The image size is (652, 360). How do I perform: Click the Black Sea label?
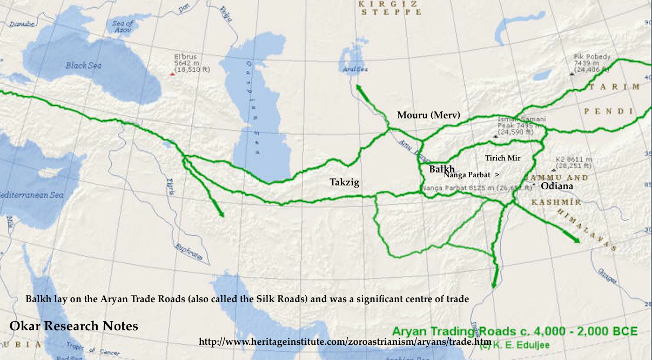84,65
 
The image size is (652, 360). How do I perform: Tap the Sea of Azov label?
123,27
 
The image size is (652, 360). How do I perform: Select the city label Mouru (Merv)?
428,115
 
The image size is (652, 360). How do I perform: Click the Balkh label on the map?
442,169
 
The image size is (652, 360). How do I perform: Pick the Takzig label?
344,183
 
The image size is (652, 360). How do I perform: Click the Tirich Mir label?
503,158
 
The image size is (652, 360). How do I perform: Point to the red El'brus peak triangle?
172,74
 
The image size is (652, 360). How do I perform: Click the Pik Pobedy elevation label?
591,63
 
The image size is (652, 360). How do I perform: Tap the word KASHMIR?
556,202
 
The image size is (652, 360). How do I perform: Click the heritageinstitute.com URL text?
345,342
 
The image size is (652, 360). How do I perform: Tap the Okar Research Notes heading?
74,326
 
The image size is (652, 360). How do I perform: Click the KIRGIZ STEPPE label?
389,8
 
